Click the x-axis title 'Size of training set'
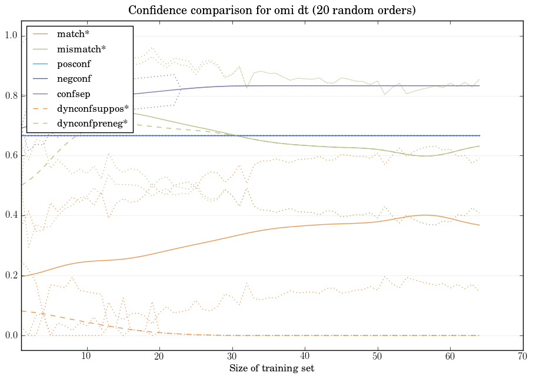[x=271, y=368]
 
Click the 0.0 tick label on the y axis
[x=11, y=335]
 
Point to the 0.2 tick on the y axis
[x=11, y=275]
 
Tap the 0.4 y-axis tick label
[x=11, y=215]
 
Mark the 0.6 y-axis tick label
[x=11, y=156]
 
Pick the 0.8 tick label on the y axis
[x=11, y=96]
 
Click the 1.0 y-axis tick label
[x=11, y=36]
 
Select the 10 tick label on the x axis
[x=86, y=356]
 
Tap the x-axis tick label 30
[x=232, y=356]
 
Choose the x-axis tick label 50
[x=377, y=356]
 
